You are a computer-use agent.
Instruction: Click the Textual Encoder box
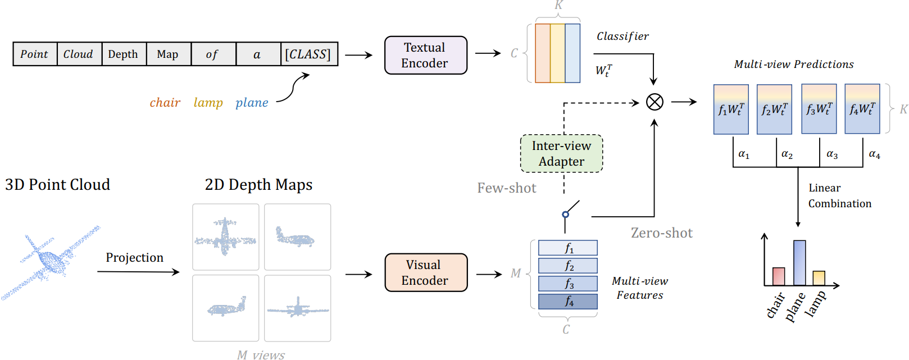[x=426, y=55]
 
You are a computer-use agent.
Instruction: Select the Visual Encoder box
[x=426, y=272]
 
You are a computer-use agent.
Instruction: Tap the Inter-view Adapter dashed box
[x=561, y=153]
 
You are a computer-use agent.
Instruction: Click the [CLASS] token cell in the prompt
[x=309, y=54]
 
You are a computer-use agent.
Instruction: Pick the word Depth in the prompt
[x=123, y=54]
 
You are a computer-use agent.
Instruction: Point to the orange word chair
[x=165, y=102]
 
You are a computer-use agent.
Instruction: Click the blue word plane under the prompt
[x=252, y=103]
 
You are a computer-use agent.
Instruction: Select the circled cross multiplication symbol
[x=655, y=102]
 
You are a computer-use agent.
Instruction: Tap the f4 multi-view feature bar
[x=568, y=302]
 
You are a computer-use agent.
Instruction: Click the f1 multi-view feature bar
[x=568, y=248]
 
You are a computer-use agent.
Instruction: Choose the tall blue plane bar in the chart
[x=799, y=263]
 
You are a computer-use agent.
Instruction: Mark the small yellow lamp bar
[x=819, y=278]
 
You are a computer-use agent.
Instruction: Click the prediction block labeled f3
[x=819, y=109]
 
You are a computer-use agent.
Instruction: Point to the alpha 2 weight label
[x=787, y=154]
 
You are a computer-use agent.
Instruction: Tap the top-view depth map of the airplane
[x=226, y=237]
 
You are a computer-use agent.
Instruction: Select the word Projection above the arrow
[x=135, y=258]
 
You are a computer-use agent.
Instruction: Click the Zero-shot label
[x=661, y=233]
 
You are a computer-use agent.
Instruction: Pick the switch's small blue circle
[x=565, y=215]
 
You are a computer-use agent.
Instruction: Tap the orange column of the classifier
[x=543, y=53]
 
